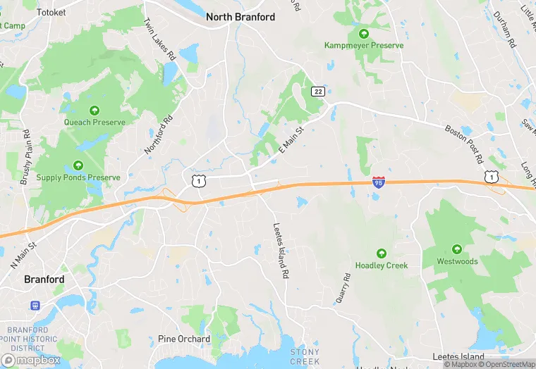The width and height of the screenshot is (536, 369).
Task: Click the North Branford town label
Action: click(240, 17)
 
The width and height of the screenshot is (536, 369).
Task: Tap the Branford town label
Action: click(44, 279)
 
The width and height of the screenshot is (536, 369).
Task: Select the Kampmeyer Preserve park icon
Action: click(364, 33)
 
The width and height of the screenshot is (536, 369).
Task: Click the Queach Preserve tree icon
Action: click(95, 110)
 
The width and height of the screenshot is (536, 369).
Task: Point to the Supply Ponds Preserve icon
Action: click(78, 166)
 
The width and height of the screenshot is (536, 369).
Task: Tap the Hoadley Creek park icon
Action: click(382, 254)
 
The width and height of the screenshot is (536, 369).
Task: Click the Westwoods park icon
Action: click(457, 249)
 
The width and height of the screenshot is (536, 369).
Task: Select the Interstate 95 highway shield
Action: click(379, 182)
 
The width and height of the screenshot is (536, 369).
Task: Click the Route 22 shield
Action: click(317, 92)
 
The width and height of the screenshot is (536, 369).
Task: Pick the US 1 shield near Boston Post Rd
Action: click(489, 177)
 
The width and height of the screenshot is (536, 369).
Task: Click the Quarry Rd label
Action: click(343, 288)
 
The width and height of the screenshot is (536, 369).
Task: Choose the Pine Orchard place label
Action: click(183, 339)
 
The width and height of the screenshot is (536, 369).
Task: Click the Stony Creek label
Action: click(305, 356)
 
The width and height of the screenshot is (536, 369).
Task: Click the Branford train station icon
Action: click(34, 306)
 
